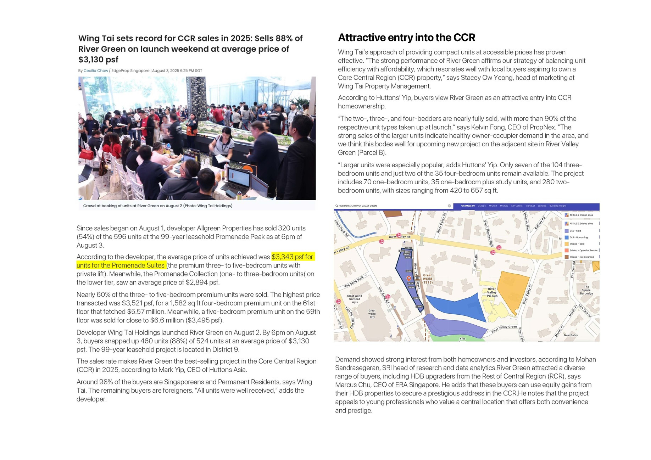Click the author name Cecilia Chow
pos(96,71)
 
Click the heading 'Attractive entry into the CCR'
pos(406,38)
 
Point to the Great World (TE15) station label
pos(427,279)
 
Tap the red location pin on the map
pos(408,279)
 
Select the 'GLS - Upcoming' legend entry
pos(578,237)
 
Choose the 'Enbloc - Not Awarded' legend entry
pos(582,257)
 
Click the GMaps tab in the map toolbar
pos(482,206)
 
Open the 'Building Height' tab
pos(558,206)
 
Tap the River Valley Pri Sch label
pos(492,292)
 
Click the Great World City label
pos(372,314)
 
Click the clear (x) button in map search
pos(449,206)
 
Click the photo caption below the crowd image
pos(158,206)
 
